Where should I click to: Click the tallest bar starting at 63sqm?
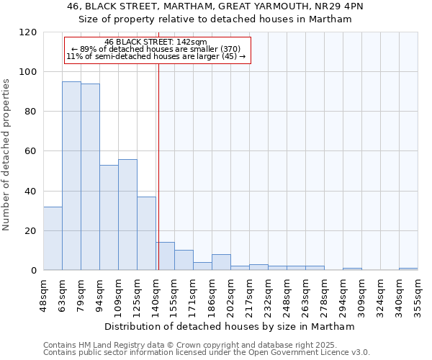point(71,176)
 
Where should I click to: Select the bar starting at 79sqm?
point(90,176)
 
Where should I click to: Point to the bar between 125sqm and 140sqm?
point(146,233)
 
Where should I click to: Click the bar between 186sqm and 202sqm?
point(221,262)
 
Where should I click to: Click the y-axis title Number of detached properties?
point(7,155)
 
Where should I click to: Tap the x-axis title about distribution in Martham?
point(230,326)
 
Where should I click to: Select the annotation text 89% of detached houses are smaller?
point(156,49)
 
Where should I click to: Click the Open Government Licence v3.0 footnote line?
point(207,352)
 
